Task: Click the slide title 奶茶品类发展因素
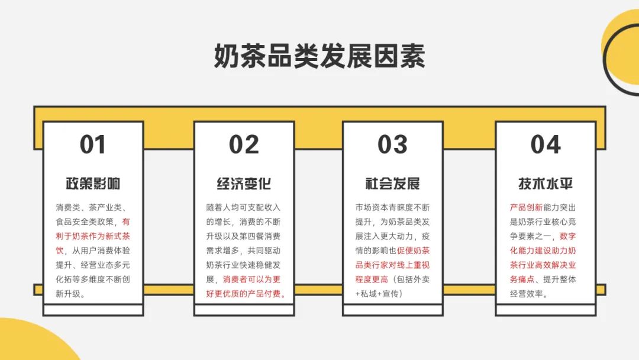[x=319, y=56]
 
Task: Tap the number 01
[x=93, y=144]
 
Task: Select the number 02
[x=244, y=144]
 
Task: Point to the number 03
[x=392, y=144]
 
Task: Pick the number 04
[x=546, y=144]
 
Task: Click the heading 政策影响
[x=93, y=184]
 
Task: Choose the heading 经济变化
[x=244, y=184]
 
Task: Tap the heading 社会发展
[x=392, y=184]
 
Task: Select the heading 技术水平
[x=546, y=184]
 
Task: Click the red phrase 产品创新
[x=526, y=207]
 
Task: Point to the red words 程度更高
[x=372, y=279]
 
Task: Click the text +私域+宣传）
[x=379, y=294]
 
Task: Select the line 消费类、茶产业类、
[x=93, y=207]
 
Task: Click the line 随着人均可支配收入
[x=243, y=207]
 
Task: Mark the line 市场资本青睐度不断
[x=392, y=207]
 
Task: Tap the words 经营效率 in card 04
[x=526, y=294]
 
